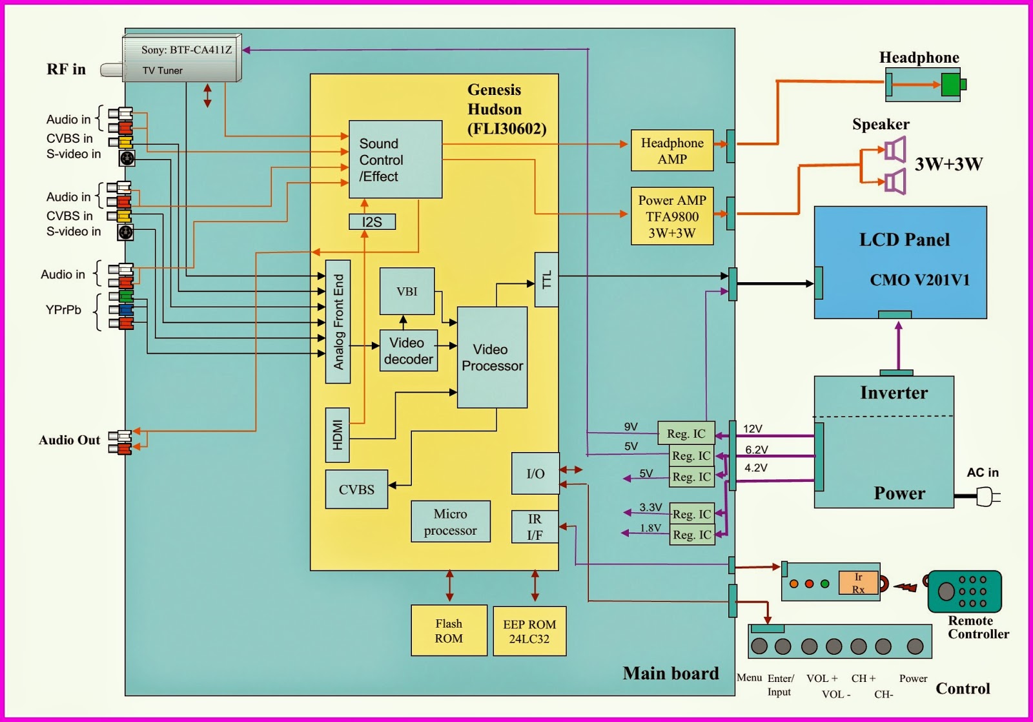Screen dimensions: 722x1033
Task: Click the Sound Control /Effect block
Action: (x=395, y=159)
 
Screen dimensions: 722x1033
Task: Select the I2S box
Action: (x=372, y=222)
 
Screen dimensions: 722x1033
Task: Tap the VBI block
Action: (x=407, y=291)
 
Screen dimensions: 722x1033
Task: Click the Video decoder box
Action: (x=408, y=351)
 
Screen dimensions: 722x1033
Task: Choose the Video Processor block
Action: (x=492, y=357)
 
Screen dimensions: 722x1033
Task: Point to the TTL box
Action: (x=546, y=280)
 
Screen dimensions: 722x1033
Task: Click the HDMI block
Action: (x=337, y=435)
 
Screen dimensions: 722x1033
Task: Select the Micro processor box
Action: (x=450, y=522)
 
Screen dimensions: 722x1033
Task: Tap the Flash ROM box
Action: (x=449, y=630)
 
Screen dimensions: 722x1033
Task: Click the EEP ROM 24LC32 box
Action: (x=529, y=631)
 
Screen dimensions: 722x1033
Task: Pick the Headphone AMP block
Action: (x=672, y=150)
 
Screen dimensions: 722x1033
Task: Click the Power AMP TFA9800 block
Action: (x=672, y=216)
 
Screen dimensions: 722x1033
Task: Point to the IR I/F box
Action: (x=535, y=527)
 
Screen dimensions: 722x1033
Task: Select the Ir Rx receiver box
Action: (x=858, y=583)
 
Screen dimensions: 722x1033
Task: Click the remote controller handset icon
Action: (x=964, y=591)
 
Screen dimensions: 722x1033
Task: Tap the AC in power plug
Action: (x=986, y=496)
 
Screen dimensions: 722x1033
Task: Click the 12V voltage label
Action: (x=753, y=429)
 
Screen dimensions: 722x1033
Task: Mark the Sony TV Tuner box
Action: (x=181, y=59)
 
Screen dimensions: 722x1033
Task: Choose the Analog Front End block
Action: (x=338, y=322)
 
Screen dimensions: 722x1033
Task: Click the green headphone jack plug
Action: (x=952, y=85)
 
